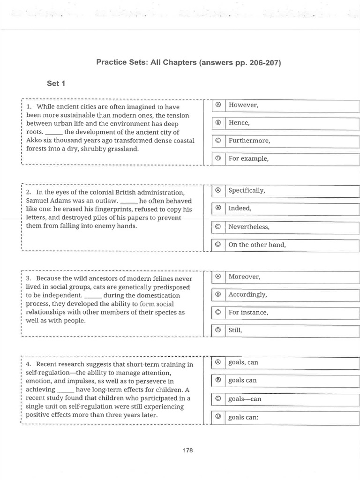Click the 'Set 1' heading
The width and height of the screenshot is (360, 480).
56,83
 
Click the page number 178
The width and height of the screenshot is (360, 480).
187,450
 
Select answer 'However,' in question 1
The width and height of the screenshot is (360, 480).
243,105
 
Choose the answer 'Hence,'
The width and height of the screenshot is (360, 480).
239,123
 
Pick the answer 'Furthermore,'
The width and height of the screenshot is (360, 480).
249,141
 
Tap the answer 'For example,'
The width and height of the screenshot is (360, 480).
248,158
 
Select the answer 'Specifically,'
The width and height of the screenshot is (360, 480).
247,191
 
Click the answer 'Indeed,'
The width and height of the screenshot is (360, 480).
240,209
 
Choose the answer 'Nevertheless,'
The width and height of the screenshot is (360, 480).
249,227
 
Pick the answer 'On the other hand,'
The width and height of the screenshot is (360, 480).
257,245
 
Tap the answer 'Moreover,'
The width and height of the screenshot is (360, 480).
244,277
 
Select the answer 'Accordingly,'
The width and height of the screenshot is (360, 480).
247,295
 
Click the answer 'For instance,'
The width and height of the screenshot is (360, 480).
248,313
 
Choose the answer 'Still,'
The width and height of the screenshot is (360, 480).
236,330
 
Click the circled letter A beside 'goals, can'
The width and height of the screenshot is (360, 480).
217,362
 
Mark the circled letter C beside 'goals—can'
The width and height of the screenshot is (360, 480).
217,399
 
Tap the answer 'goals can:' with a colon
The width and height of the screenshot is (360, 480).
243,417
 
